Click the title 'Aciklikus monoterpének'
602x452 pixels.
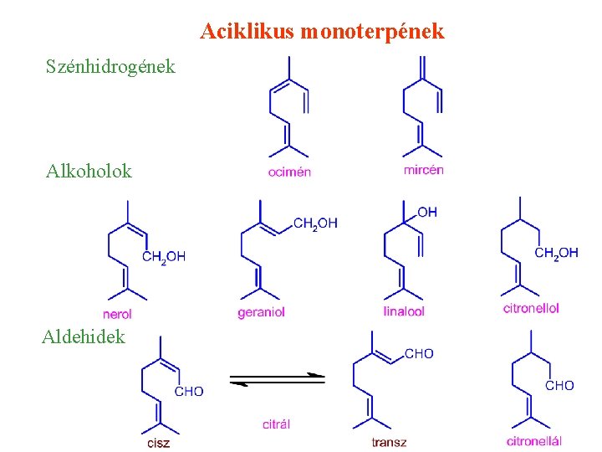(322, 33)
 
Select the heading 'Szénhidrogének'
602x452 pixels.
(111, 66)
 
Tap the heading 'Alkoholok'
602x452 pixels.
(89, 172)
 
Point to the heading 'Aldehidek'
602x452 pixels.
(84, 336)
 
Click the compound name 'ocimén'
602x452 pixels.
(289, 172)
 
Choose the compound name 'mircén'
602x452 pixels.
(423, 170)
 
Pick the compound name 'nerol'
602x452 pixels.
(117, 314)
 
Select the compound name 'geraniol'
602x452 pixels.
(262, 312)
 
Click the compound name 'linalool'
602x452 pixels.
(404, 311)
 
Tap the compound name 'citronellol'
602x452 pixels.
(531, 308)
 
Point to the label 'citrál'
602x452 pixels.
(276, 424)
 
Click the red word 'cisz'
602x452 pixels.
(157, 443)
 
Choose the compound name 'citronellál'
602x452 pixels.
(533, 441)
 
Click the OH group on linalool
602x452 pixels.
(426, 213)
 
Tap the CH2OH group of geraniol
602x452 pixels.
(315, 223)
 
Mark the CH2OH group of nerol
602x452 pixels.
(164, 257)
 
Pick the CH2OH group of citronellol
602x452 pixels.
(556, 254)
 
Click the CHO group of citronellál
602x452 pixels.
(559, 385)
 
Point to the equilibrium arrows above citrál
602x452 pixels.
(277, 379)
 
